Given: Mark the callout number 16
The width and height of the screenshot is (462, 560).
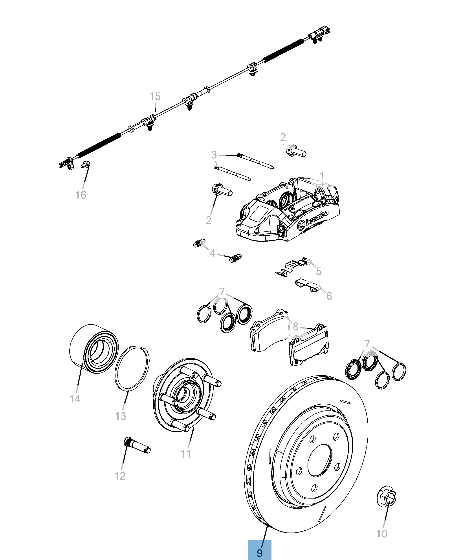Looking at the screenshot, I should click(x=81, y=195).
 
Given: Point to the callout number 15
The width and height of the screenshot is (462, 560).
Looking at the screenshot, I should click(x=155, y=96).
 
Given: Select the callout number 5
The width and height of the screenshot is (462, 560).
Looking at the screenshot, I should click(x=319, y=271).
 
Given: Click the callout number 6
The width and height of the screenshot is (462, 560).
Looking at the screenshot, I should click(x=329, y=296).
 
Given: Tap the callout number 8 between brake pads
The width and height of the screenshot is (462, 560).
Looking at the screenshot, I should click(x=295, y=327).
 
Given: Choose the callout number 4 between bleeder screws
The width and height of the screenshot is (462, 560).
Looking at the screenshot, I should click(x=212, y=253).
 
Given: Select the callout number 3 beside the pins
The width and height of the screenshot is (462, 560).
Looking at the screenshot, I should click(x=214, y=155).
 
